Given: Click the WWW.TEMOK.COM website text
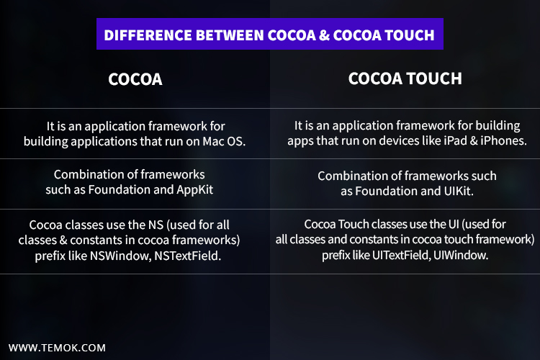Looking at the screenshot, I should point(57,348).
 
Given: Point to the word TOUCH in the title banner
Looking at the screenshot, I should point(408,35).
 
